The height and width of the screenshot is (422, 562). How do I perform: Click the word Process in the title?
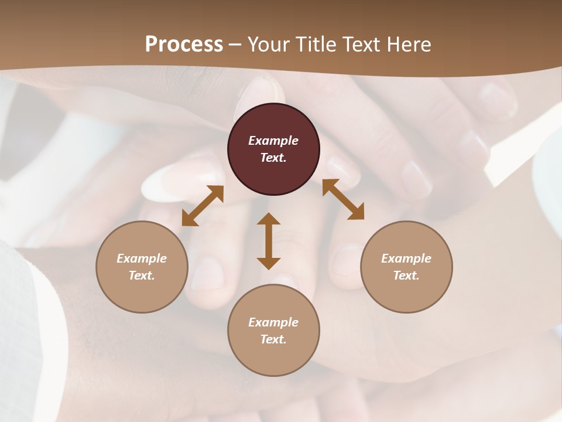point(184,44)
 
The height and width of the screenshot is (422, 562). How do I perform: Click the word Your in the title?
point(269,44)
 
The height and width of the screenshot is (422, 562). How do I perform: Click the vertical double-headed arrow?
point(269,241)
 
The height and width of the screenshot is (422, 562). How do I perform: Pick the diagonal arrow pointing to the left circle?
point(203,206)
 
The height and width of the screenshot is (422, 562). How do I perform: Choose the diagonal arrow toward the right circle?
point(343,199)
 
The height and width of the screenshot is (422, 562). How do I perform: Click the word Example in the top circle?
point(273,141)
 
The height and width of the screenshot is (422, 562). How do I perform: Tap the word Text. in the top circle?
point(273,158)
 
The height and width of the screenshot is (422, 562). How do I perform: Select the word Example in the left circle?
point(142,258)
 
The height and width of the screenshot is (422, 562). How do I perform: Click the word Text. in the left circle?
point(142,275)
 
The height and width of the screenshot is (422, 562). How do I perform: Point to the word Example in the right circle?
point(406,258)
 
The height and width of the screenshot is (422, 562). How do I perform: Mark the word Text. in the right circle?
point(406,275)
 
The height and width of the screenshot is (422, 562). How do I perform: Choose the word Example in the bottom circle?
point(273,322)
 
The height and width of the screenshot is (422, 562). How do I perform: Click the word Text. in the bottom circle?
point(273,339)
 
